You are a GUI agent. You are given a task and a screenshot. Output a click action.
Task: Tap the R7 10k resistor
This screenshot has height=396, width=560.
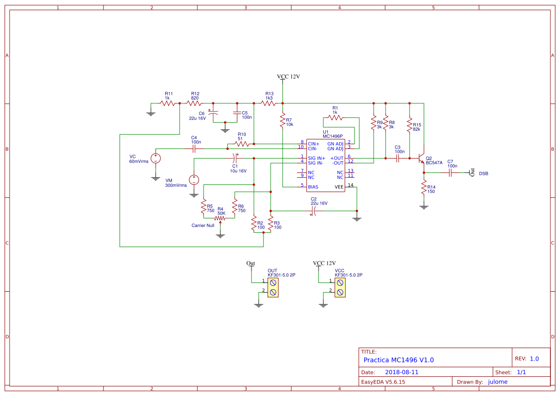[x=283, y=123]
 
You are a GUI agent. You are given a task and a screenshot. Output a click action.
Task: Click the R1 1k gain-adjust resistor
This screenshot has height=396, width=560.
[x=335, y=117]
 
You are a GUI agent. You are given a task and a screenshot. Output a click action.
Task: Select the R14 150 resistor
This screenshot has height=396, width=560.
[x=424, y=188]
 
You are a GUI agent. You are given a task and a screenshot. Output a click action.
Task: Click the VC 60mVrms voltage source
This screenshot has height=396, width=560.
[x=156, y=158]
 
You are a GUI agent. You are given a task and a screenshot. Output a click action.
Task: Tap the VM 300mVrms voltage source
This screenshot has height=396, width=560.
[x=194, y=180]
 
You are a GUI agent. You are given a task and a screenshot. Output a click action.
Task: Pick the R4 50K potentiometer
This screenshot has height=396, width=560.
[x=220, y=218]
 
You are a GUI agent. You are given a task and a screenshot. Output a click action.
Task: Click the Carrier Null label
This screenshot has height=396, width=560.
[x=203, y=225]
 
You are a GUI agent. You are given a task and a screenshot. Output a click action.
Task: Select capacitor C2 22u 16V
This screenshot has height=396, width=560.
[x=314, y=210]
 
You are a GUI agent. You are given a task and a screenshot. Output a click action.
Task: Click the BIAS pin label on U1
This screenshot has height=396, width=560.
[x=313, y=187]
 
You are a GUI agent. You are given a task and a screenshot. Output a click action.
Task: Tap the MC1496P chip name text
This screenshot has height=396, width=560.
[x=333, y=136]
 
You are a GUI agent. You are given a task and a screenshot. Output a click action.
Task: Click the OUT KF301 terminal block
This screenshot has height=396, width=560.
[x=273, y=288]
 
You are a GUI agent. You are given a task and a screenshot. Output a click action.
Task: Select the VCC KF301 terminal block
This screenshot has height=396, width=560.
[x=340, y=288]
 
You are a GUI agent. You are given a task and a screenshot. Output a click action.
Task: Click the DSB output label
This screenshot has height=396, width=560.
[x=484, y=173]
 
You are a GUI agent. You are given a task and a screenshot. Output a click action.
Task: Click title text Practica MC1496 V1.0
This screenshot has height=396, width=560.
[x=399, y=360]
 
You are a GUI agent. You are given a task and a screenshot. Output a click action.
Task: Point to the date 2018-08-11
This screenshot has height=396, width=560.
[x=402, y=372]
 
